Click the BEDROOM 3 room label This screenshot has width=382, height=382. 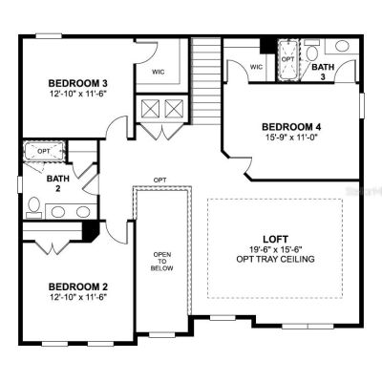(x=77, y=83)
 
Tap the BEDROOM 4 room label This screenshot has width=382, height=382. (x=291, y=127)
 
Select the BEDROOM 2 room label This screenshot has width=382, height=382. (x=78, y=286)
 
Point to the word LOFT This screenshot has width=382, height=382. (x=275, y=239)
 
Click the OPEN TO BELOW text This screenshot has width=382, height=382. (x=162, y=262)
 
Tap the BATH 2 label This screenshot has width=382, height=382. (x=58, y=183)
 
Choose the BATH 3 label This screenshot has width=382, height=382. (x=323, y=72)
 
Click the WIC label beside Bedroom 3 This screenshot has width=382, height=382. (x=159, y=72)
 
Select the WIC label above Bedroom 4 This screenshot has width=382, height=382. (x=256, y=67)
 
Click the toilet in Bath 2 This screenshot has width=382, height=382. (x=33, y=208)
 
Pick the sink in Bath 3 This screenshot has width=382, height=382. (x=342, y=46)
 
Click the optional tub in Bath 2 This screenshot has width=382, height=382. (x=45, y=151)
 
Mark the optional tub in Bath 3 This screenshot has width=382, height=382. (x=288, y=60)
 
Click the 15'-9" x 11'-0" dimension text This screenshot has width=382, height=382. (x=292, y=138)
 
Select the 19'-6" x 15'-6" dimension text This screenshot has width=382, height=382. (x=276, y=249)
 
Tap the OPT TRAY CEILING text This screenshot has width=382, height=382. (x=275, y=259)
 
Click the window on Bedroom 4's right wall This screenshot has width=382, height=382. (x=362, y=105)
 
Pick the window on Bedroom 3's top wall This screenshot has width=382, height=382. (x=49, y=36)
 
